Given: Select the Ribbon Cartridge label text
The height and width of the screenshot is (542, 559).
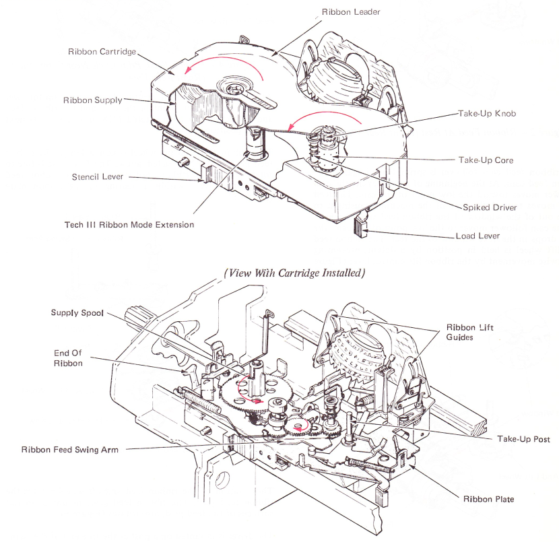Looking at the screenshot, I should coord(102,52).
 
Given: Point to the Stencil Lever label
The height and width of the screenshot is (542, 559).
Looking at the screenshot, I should coord(98,177).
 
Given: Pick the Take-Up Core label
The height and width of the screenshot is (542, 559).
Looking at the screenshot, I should coord(486,160).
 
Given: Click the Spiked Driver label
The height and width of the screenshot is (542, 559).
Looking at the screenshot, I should coord(488,207).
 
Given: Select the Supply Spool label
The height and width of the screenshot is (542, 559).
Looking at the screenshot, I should coord(77,313).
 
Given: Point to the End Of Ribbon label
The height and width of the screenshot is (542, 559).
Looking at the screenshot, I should coord(69,358).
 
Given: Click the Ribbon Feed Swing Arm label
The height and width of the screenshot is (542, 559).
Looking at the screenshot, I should coord(70,449).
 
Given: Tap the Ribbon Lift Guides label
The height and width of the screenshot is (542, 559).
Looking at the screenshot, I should coord(469,332).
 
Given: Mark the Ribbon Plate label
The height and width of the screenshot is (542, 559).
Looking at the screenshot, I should coord(488,499).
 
